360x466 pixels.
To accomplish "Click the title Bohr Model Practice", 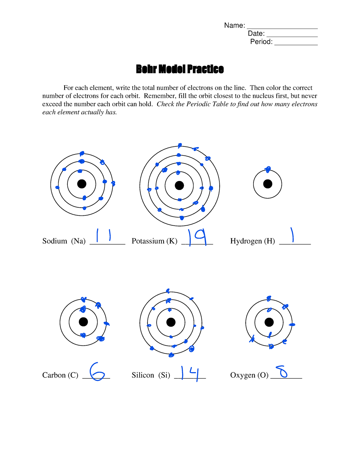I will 180,69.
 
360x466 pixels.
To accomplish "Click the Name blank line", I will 282,28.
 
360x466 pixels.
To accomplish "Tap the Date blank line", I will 292,36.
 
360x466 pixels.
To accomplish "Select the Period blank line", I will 296,44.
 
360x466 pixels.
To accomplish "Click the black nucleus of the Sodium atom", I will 82,184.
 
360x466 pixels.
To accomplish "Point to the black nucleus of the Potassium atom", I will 179,185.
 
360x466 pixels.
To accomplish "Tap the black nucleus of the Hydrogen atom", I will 268,184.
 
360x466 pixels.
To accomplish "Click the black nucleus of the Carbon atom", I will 83,322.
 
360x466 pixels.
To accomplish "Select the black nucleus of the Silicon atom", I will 171,322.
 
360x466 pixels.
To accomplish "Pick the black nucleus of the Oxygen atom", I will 269,322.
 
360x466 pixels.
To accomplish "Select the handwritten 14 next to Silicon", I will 190,373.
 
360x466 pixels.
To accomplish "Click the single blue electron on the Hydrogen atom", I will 268,170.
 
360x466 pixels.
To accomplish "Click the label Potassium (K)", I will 154,241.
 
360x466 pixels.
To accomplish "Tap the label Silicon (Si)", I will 151,375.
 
